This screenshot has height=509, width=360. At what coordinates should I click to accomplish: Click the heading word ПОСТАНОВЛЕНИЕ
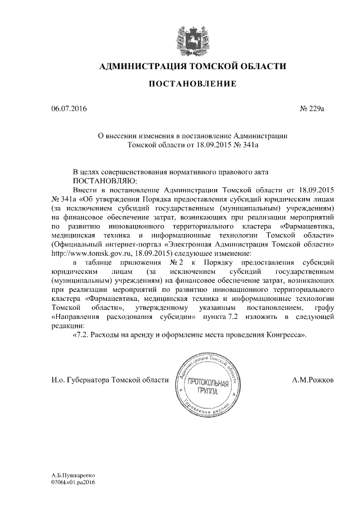[x=191, y=85]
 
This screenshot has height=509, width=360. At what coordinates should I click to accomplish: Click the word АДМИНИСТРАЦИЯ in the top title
[x=143, y=67]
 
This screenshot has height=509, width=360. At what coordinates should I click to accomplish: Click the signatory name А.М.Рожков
[x=313, y=380]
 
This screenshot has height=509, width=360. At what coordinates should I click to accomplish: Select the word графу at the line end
[x=323, y=308]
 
